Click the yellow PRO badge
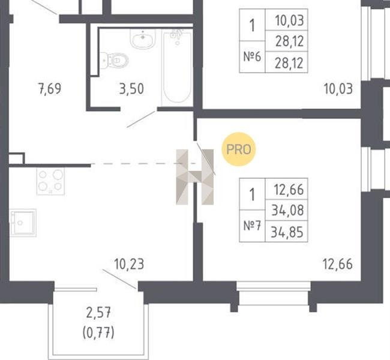pos(239,149)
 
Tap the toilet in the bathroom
pos(116,60)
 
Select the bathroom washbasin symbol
pos(143,39)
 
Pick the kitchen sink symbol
pos(23,223)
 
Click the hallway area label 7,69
pos(50,89)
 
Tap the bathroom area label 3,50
pos(131,89)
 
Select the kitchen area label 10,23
pos(129,264)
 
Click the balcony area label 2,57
pos(98,313)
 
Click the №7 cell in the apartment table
pos(252,226)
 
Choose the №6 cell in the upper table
pos(252,57)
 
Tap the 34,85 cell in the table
pos(287,232)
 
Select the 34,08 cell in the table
pos(287,210)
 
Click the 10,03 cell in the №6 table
pos(287,20)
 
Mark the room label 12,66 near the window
pos(338,264)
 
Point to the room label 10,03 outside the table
pos(338,89)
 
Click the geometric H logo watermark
pos(195,177)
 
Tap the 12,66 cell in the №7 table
pos(287,189)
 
